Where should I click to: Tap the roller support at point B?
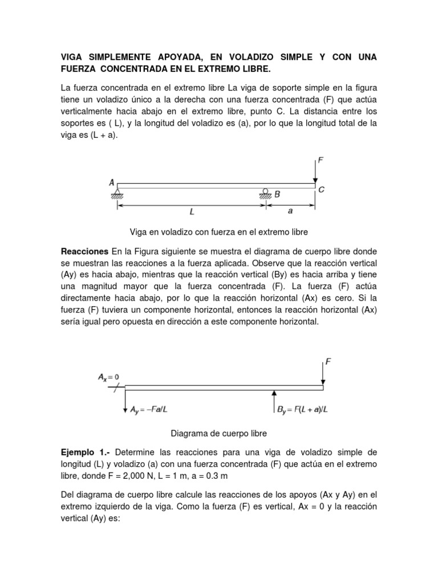tap(266, 194)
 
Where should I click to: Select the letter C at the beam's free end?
tap(322, 190)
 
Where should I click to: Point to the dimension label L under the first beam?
tap(192, 212)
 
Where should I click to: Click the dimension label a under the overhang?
tap(290, 211)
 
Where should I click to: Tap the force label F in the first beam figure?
tap(321, 161)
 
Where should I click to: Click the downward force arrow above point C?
tap(315, 172)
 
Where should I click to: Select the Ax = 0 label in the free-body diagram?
tap(108, 377)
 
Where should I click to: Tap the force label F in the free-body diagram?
tap(328, 361)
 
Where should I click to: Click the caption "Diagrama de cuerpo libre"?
tap(219, 433)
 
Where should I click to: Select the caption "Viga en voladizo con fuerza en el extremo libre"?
tap(219, 232)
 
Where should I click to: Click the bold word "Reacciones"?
tap(84, 251)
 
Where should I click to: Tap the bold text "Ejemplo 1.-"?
tap(86, 452)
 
